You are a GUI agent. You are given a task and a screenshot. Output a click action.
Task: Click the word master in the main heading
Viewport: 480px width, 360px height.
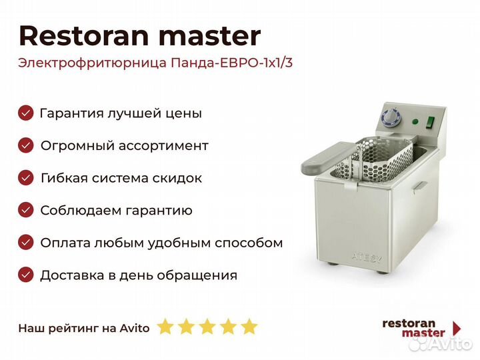click(x=210, y=37)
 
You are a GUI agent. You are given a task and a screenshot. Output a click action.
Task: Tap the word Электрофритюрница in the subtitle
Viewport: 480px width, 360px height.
click(x=93, y=63)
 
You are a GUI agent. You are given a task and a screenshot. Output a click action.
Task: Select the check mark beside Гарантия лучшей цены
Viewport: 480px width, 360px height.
click(x=26, y=113)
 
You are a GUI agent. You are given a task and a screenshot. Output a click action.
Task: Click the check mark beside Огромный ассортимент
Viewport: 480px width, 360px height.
click(x=26, y=145)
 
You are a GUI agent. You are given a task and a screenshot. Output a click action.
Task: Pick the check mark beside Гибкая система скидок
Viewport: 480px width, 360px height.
click(x=26, y=178)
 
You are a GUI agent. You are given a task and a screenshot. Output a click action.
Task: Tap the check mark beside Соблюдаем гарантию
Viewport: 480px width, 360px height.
click(x=26, y=210)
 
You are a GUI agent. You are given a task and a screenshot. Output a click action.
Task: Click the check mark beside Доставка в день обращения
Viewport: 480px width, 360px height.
click(x=26, y=275)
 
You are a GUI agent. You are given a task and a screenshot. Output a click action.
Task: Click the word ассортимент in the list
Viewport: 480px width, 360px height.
click(x=163, y=146)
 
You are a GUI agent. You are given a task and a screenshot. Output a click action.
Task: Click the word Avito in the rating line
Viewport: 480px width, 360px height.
click(x=135, y=328)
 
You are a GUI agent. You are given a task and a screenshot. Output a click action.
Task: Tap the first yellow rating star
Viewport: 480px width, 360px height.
click(x=165, y=326)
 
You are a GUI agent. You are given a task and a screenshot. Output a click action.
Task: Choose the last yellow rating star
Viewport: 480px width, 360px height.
click(x=249, y=326)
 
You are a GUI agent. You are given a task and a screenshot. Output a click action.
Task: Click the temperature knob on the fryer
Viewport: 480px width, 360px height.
click(x=391, y=117)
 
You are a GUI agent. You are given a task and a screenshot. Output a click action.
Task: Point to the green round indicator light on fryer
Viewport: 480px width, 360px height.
click(x=415, y=121)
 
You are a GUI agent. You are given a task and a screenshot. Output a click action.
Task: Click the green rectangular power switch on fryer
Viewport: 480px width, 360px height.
click(x=431, y=122)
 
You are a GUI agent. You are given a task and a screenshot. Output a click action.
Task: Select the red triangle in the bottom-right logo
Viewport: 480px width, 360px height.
click(x=457, y=328)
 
